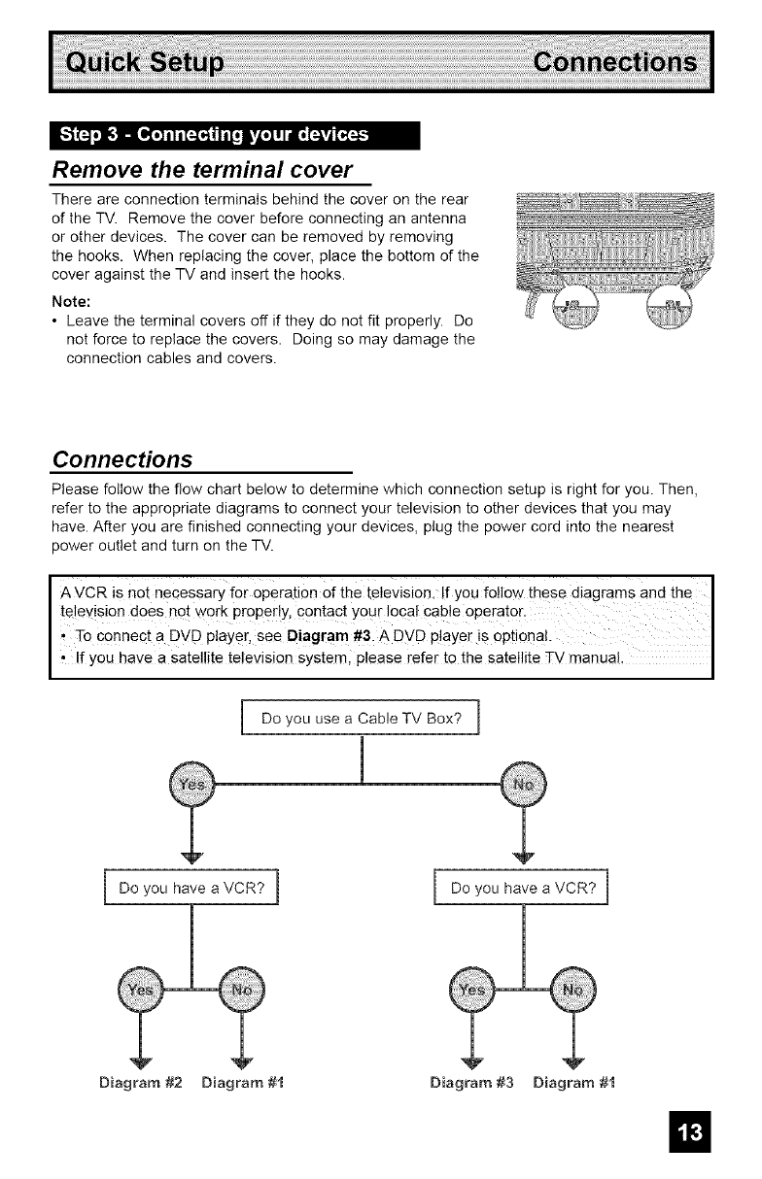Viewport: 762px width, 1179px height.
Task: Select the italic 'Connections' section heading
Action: click(121, 457)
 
